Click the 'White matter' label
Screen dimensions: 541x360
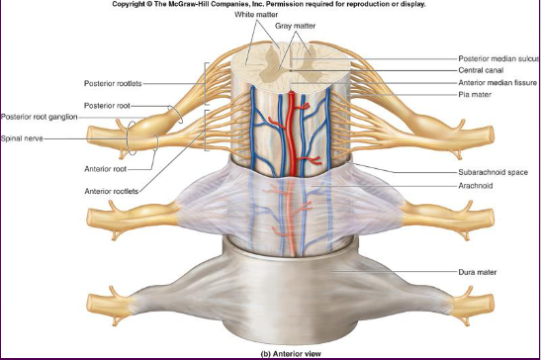pyautogui.click(x=256, y=15)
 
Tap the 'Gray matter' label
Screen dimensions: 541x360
pyautogui.click(x=295, y=26)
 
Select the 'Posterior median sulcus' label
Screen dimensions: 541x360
pyautogui.click(x=498, y=58)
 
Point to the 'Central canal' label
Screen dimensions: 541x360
pyautogui.click(x=481, y=70)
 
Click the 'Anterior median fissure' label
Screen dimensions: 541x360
pyautogui.click(x=497, y=82)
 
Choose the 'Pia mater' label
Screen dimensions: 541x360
pyautogui.click(x=475, y=94)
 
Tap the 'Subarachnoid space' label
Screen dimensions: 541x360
pyautogui.click(x=494, y=172)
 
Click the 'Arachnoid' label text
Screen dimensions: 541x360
pyautogui.click(x=476, y=185)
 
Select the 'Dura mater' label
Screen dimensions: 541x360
pyautogui.click(x=477, y=272)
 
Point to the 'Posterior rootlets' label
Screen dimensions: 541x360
pyautogui.click(x=113, y=83)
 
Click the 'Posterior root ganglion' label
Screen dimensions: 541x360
pyautogui.click(x=39, y=117)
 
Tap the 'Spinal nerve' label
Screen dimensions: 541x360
pyautogui.click(x=22, y=138)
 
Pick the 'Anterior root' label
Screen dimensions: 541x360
pyautogui.click(x=106, y=169)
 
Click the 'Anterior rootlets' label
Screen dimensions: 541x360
pyautogui.click(x=112, y=191)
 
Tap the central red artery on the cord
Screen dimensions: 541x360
pyautogui.click(x=292, y=134)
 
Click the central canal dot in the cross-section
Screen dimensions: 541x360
pyautogui.click(x=291, y=70)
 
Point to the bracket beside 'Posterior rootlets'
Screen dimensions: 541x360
pyautogui.click(x=206, y=83)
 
